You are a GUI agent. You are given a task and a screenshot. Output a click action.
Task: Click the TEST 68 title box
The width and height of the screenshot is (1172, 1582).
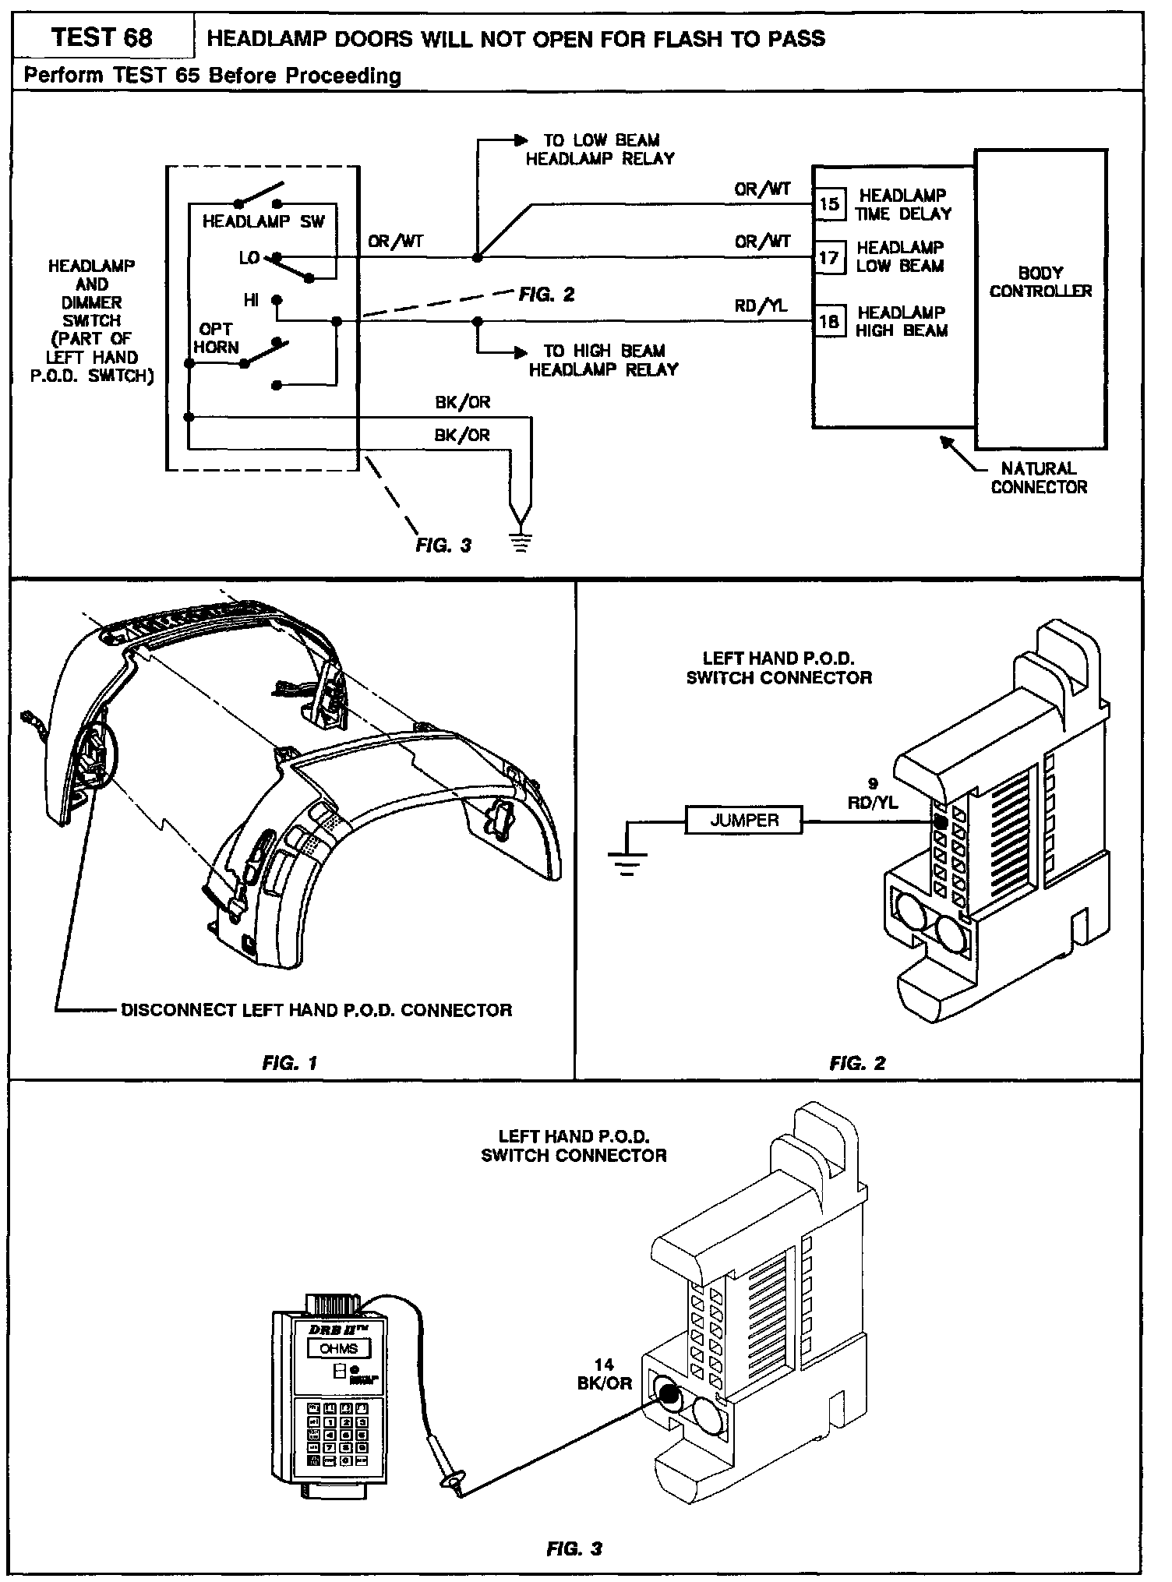(102, 37)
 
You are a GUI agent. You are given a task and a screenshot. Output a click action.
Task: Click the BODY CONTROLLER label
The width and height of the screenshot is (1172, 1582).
(1040, 282)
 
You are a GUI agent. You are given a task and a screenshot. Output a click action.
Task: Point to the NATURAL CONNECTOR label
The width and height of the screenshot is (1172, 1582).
(1039, 478)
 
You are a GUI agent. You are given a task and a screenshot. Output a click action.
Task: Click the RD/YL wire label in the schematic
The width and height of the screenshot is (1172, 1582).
(761, 306)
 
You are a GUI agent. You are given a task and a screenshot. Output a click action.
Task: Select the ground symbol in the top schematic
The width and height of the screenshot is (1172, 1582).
(521, 539)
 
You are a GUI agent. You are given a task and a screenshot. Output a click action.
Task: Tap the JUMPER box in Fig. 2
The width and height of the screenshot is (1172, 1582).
(744, 820)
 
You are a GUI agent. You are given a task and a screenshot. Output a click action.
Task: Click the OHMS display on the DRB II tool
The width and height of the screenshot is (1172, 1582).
(338, 1349)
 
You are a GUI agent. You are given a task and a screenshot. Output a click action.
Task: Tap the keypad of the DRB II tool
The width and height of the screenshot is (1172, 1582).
(338, 1433)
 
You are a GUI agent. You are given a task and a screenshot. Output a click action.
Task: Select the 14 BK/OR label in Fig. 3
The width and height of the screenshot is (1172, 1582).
(604, 1374)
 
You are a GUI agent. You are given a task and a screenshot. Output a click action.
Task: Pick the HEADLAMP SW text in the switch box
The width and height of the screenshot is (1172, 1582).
(263, 221)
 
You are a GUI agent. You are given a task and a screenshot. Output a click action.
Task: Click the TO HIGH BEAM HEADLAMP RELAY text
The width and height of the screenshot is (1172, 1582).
(603, 360)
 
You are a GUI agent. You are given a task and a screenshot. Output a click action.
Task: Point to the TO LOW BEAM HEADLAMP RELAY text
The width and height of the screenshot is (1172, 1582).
(600, 149)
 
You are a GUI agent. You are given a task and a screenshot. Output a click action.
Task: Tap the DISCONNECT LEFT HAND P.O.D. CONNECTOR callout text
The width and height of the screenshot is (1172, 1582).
(316, 1010)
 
